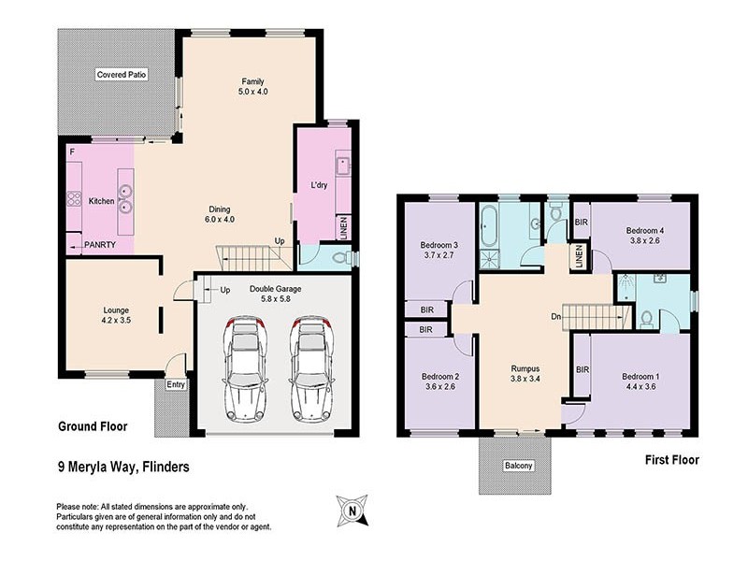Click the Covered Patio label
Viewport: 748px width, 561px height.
(x=122, y=74)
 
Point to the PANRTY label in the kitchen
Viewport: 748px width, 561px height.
(x=100, y=245)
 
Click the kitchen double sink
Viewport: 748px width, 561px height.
(x=125, y=201)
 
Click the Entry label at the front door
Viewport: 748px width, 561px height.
(x=176, y=384)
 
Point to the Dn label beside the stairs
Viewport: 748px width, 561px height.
(x=555, y=315)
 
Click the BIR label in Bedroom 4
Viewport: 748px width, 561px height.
(x=582, y=223)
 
